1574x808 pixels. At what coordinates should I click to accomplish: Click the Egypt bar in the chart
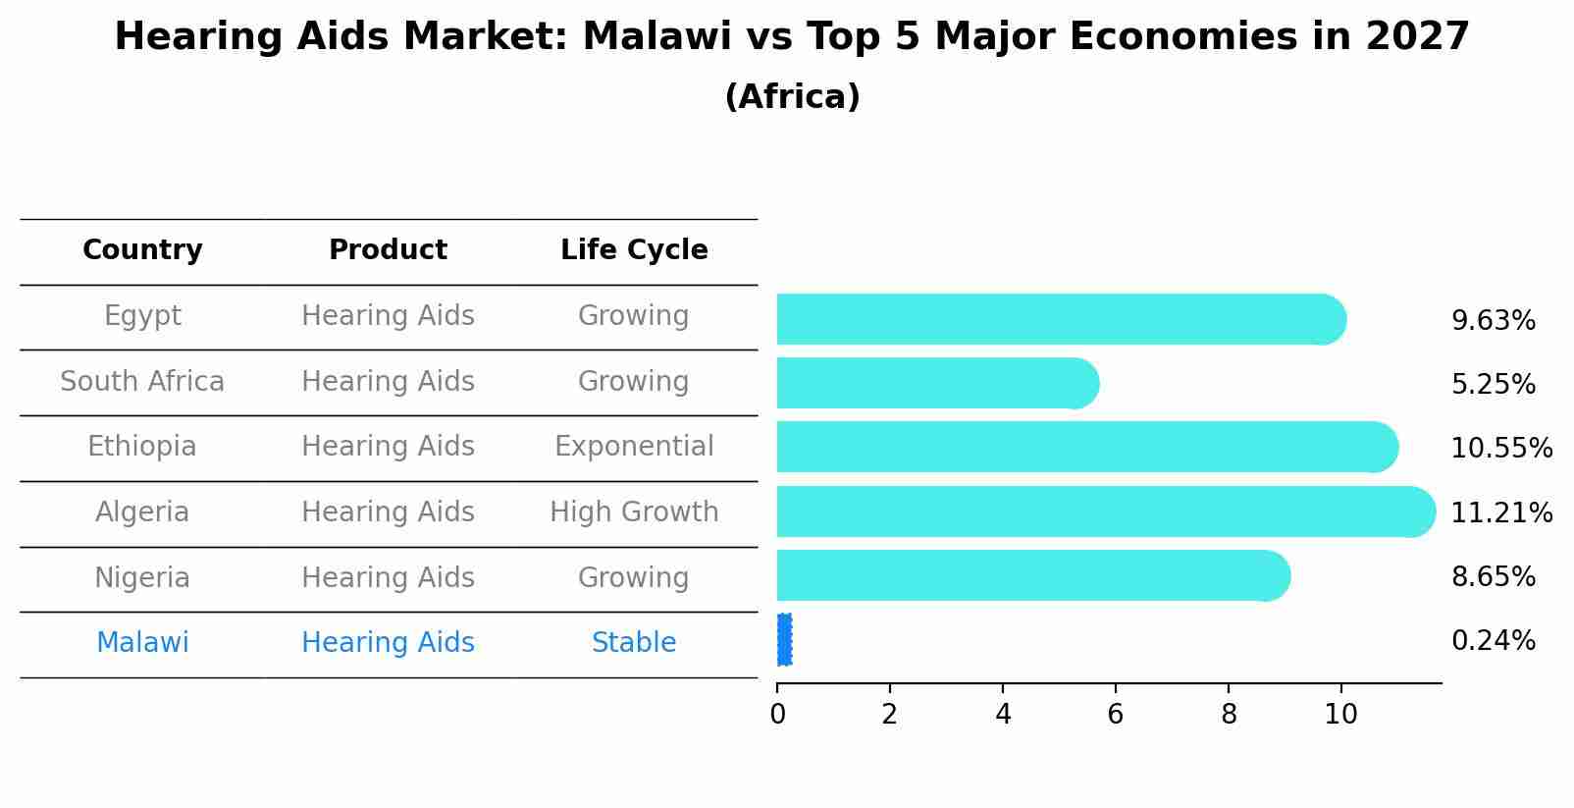[1060, 319]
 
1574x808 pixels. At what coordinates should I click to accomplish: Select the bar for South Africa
[937, 383]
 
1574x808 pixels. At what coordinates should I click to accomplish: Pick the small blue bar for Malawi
[784, 640]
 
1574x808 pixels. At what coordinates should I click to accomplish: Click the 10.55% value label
[1501, 449]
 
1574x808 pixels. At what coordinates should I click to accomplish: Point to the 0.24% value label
[1493, 641]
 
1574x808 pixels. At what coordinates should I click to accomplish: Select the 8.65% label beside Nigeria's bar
[1493, 576]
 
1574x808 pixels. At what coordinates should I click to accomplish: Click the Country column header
[142, 250]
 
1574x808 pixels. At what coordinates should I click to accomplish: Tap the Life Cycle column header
[634, 250]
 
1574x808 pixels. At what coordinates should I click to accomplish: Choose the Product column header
[388, 250]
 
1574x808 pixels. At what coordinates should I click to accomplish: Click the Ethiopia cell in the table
[142, 447]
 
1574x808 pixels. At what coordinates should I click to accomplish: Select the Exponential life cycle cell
[634, 447]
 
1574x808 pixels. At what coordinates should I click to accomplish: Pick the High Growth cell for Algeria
[634, 512]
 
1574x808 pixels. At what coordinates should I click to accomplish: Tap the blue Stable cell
[634, 643]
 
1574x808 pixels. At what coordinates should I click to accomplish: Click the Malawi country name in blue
[142, 643]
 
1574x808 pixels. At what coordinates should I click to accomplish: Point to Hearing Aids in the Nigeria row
[388, 577]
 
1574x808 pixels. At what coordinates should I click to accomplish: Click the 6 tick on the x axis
[1116, 714]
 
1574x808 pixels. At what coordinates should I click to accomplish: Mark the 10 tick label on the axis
[1340, 714]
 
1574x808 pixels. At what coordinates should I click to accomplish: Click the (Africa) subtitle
[792, 97]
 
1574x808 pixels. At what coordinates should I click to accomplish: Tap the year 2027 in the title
[1416, 37]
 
